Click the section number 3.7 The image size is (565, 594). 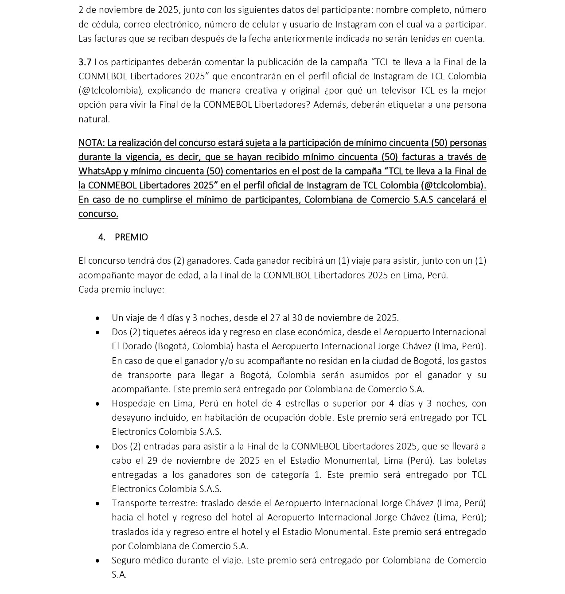[85, 62]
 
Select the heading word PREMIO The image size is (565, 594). [131, 237]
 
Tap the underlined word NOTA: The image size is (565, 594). [91, 143]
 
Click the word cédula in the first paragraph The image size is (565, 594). [103, 24]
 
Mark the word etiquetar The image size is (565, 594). [411, 105]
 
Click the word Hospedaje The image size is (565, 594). [132, 403]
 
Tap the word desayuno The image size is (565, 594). [129, 418]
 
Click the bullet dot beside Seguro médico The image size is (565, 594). [97, 561]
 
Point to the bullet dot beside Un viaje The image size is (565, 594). [97, 318]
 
